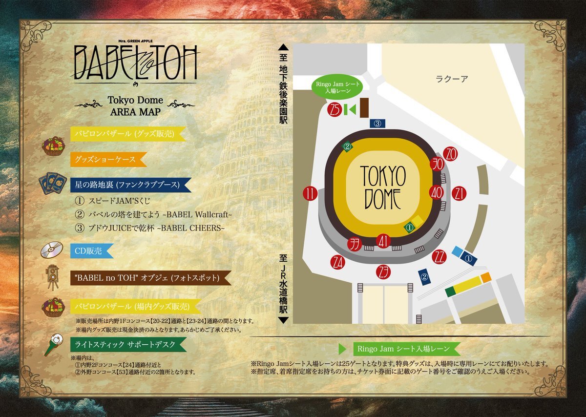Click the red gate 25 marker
point(335,109)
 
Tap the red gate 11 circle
point(310,193)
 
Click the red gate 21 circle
point(459,193)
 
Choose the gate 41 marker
point(384,241)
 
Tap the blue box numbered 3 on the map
point(377,124)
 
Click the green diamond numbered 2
point(347,146)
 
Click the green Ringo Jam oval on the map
point(337,88)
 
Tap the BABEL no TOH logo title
point(136,62)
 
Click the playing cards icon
point(52,185)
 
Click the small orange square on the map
point(485,277)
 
